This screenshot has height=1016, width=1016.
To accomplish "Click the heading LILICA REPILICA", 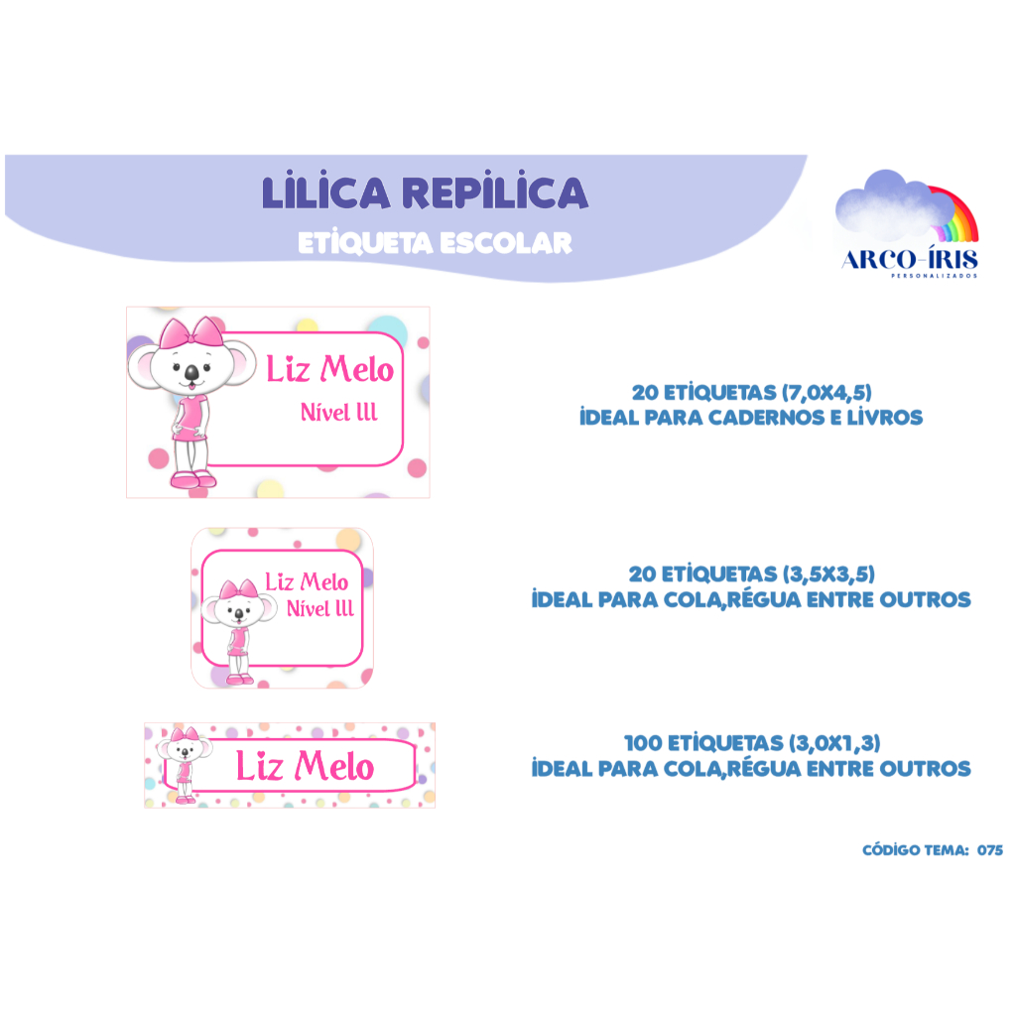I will coord(425,192).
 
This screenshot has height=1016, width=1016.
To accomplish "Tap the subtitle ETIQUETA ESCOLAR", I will coord(435,243).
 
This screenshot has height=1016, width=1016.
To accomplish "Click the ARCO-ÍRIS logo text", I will coord(909,260).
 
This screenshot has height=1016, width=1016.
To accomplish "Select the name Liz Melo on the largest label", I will coord(329,370).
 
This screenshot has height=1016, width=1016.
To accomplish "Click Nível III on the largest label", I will coord(338,413).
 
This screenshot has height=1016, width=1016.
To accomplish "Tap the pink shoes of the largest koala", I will coord(191,480).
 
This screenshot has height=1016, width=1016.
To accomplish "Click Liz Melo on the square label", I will coord(307,581).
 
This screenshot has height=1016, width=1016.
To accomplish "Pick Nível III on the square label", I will coord(319,608).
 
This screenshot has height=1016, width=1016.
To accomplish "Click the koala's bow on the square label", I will coord(238,591).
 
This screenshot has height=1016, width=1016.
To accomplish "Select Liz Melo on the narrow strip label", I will coord(305,766).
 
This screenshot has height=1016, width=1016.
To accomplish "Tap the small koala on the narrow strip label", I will coord(184,761).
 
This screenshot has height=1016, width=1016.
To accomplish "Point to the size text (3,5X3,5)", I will coord(826,573).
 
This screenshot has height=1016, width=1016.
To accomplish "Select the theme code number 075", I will coord(989,850).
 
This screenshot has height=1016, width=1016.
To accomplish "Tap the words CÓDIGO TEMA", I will coord(914,850).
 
